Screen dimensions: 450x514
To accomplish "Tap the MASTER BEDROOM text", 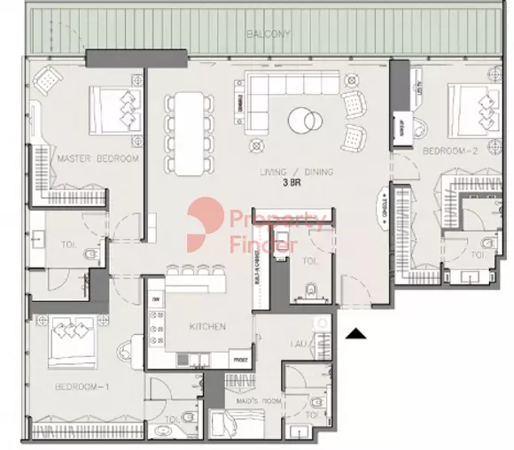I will (97, 159).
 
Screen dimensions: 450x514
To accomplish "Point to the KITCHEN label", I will (206, 327).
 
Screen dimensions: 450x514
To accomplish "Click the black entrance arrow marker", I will (355, 333).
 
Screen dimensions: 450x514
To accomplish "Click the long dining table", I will (187, 133).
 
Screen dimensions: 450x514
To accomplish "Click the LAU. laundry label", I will (297, 342).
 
